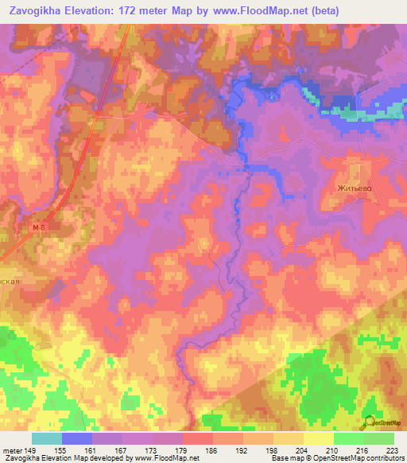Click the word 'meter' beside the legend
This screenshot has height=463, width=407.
pyautogui.click(x=11, y=449)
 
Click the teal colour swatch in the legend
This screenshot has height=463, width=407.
pyautogui.click(x=47, y=438)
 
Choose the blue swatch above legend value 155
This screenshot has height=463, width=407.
pyautogui.click(x=77, y=438)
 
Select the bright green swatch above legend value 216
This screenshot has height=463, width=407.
pyautogui.click(x=348, y=438)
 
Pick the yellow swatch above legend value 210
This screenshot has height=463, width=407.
pyautogui.click(x=318, y=438)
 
